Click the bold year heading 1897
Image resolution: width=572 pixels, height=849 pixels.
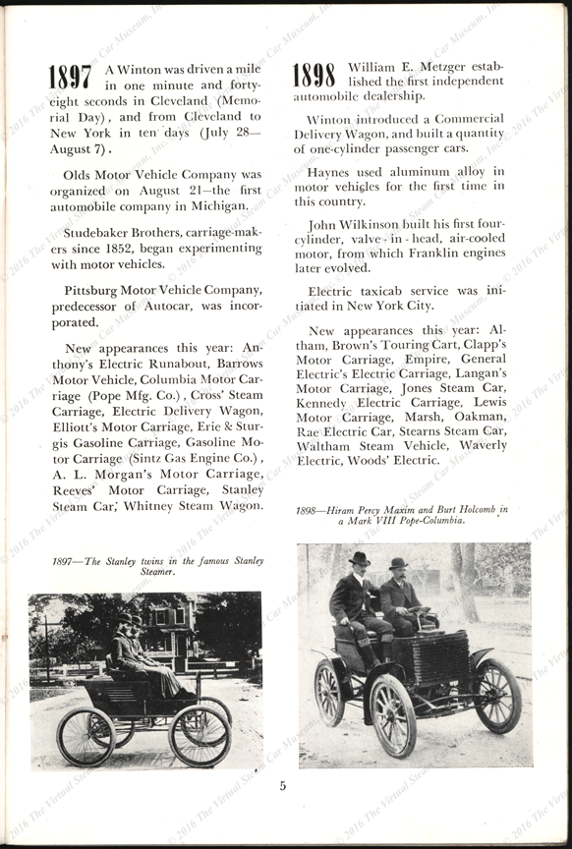tap(70, 79)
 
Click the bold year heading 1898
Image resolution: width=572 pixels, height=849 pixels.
tap(314, 75)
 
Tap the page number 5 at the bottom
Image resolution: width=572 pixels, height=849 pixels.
tap(282, 785)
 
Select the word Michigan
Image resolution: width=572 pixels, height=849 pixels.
tap(214, 206)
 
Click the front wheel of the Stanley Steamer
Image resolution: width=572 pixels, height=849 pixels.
tap(200, 734)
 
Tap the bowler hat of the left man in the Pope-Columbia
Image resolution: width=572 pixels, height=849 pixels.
tap(361, 557)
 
